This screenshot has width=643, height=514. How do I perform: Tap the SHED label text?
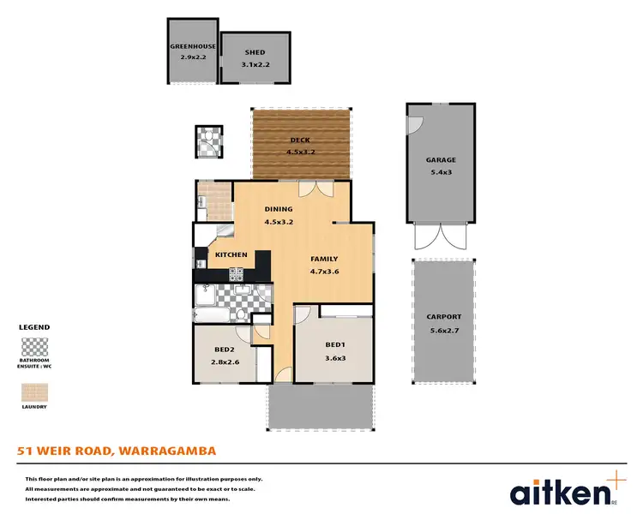click(x=255, y=52)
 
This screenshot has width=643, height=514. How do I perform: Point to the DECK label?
click(x=300, y=140)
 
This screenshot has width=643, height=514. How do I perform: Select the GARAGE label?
click(x=441, y=160)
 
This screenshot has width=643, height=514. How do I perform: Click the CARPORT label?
click(x=443, y=316)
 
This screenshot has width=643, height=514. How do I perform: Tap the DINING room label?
click(x=279, y=209)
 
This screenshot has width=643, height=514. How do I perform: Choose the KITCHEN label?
click(x=231, y=254)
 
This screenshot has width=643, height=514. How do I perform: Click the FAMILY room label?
click(x=324, y=259)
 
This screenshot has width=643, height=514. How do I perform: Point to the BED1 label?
click(x=334, y=345)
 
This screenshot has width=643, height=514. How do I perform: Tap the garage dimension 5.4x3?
click(x=441, y=172)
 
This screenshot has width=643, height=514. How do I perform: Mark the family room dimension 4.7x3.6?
click(x=324, y=272)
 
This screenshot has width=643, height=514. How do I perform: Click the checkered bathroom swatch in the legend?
click(x=34, y=348)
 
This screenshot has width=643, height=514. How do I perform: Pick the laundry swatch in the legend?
click(x=34, y=392)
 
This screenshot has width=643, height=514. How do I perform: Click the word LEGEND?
click(x=34, y=327)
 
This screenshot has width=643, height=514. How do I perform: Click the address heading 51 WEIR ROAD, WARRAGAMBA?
click(x=117, y=450)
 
